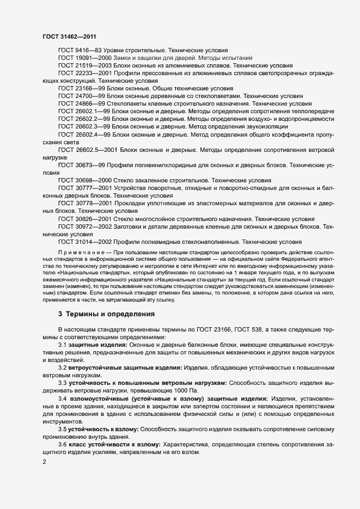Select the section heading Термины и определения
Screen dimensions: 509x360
pyautogui.click(x=103, y=314)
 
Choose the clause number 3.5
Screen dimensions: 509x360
pyautogui.click(x=62, y=429)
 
